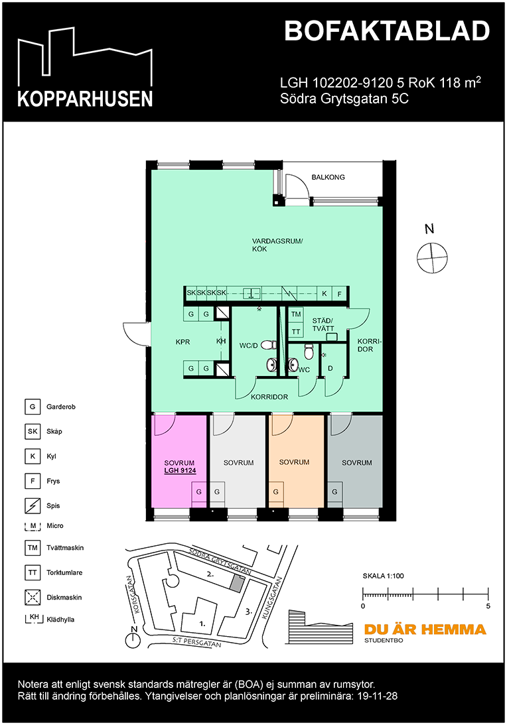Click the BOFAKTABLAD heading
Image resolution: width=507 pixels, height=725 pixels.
[x=387, y=31]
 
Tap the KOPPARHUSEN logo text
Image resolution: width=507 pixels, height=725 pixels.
[x=85, y=98]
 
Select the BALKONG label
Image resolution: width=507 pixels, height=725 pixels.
[x=328, y=177]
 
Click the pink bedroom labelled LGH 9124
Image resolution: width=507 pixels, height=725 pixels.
[x=179, y=460]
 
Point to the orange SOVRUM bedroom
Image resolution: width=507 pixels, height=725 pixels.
[x=296, y=460]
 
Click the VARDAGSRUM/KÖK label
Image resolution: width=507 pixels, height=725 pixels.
[x=277, y=245]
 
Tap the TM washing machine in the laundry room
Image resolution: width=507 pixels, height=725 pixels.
[x=296, y=314]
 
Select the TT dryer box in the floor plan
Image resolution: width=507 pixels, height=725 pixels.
[x=296, y=331]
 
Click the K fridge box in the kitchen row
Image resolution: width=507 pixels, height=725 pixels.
[x=325, y=293]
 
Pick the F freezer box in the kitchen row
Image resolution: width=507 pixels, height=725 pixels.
[x=339, y=293]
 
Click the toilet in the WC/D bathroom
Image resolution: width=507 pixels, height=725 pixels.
[x=269, y=345]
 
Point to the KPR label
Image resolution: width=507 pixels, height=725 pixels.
[x=182, y=342]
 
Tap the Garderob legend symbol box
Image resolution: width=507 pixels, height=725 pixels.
[x=33, y=407]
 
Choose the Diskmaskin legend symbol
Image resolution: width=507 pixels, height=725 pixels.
[x=33, y=598]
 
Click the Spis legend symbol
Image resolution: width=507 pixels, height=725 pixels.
[x=33, y=505]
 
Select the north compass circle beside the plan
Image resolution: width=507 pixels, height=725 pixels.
[x=432, y=257]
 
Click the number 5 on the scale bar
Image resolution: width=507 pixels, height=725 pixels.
[x=488, y=606]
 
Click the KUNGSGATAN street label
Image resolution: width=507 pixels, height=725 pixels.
[x=272, y=598]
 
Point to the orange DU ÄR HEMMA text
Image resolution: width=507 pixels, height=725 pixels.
[x=425, y=629]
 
